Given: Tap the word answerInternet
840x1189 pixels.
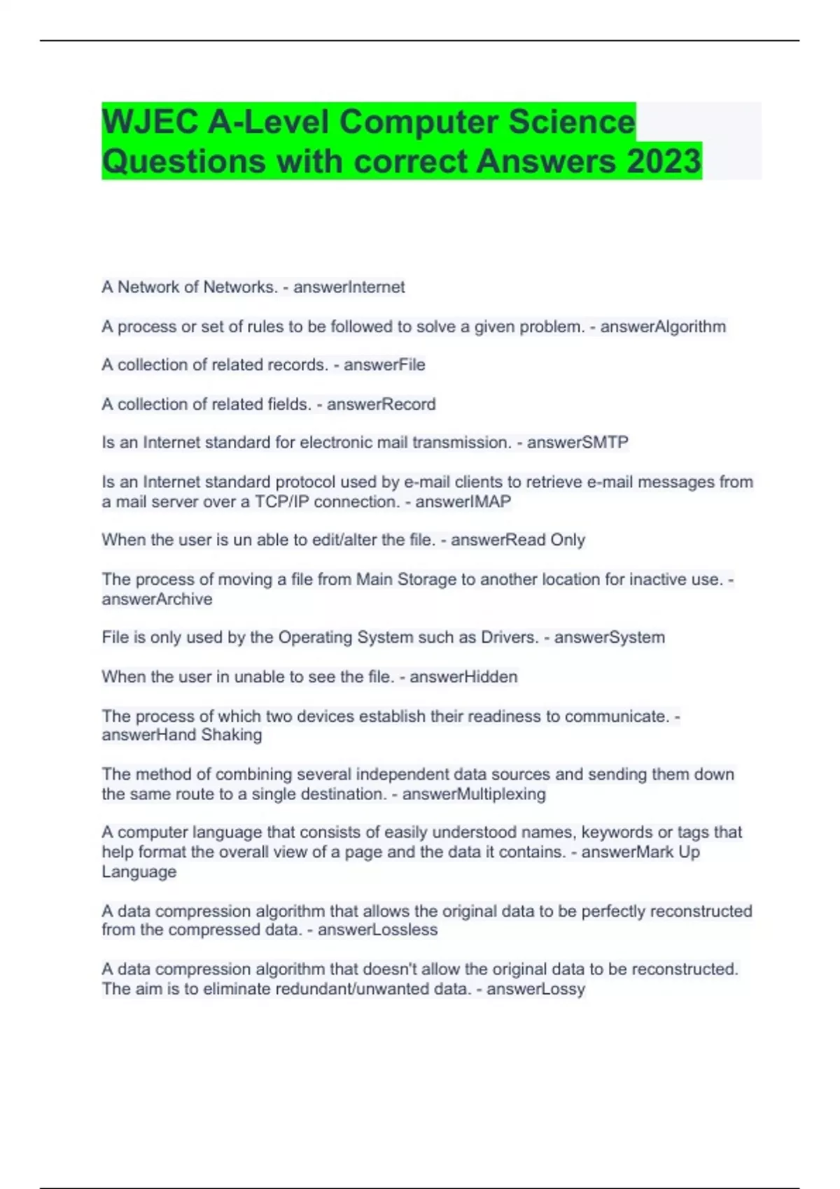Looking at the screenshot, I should (x=349, y=287).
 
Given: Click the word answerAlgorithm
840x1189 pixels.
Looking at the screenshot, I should (x=663, y=327).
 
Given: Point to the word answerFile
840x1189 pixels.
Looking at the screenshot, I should (x=384, y=365).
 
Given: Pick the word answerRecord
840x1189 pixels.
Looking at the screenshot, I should (x=381, y=404).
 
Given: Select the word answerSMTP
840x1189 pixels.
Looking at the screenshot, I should (x=577, y=443).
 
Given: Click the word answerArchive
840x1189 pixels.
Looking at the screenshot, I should (x=157, y=599).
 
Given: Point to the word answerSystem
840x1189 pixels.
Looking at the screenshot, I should (x=609, y=638).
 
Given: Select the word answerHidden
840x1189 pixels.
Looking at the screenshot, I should (x=463, y=677).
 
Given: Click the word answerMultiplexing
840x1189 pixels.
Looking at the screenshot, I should (x=474, y=795).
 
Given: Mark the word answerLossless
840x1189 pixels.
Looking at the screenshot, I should (x=377, y=930).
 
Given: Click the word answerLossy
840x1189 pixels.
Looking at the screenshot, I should (x=535, y=989).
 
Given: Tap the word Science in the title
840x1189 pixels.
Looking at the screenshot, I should (x=571, y=122).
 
